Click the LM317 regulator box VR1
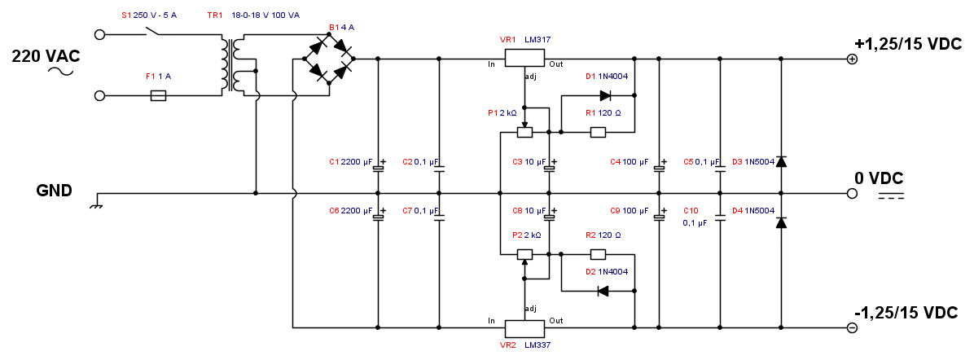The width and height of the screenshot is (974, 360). point(524,59)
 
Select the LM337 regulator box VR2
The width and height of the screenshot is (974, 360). point(524,327)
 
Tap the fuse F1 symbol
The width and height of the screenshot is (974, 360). point(159,95)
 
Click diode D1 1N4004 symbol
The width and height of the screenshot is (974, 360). point(604,95)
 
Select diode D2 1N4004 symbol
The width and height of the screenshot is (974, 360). point(603,291)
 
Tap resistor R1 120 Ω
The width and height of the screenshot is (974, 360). point(598,132)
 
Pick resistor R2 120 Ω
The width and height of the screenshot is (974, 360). point(598,254)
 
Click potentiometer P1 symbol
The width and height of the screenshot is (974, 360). point(525,132)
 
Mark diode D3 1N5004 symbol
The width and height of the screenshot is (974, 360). point(781,162)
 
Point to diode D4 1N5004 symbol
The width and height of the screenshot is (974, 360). point(781,222)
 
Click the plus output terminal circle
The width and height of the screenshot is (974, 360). point(852,59)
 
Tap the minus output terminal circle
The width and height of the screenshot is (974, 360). point(852,327)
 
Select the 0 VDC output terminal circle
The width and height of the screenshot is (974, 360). point(852,194)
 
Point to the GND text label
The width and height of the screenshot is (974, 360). point(54,191)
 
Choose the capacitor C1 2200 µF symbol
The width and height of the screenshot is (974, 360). point(378,169)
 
